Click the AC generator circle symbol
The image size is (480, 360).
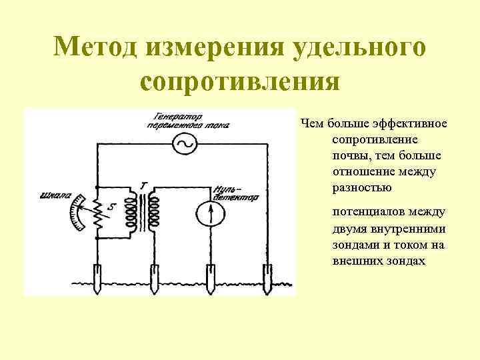pos(183,143)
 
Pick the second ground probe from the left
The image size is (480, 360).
pos(154,281)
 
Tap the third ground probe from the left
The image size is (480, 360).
pos(211,281)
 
